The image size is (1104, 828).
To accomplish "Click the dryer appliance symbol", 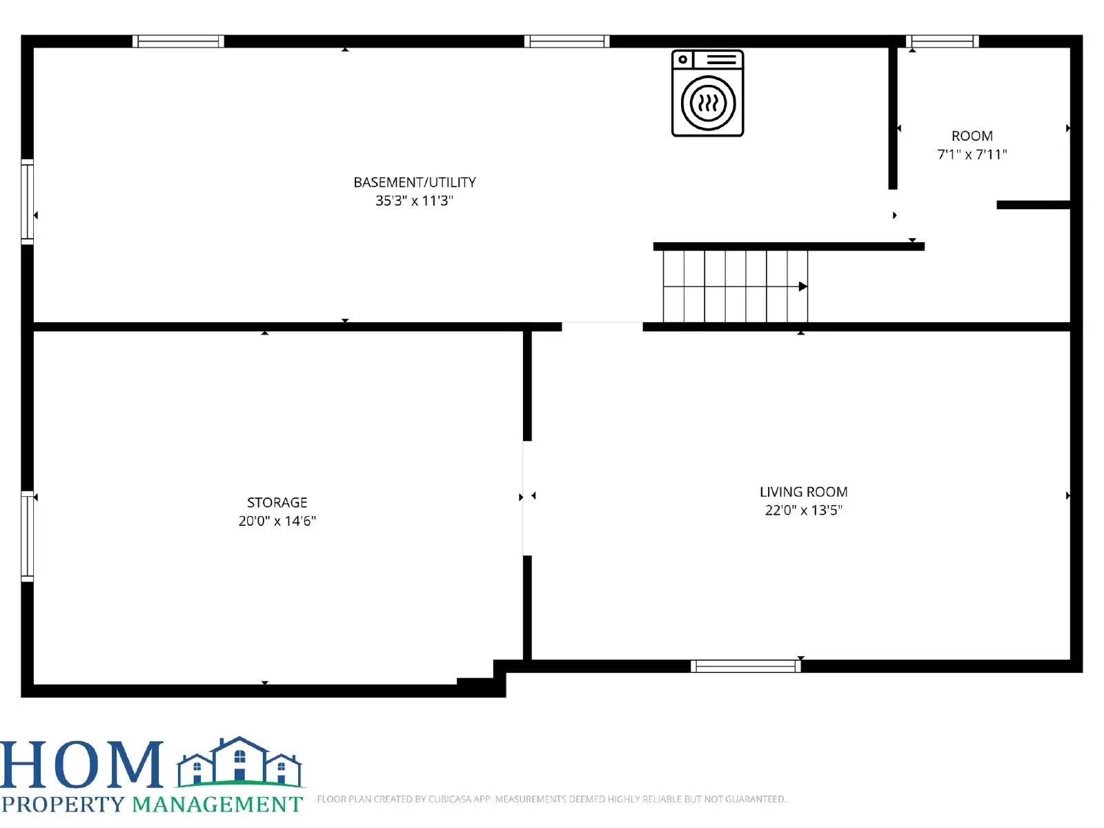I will [707, 93].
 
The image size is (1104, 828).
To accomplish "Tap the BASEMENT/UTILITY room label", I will [415, 182].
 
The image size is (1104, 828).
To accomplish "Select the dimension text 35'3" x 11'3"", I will [414, 201].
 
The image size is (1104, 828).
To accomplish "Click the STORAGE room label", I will [277, 502].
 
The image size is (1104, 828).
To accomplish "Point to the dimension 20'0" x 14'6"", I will [277, 521].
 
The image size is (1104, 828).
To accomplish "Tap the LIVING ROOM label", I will [803, 492].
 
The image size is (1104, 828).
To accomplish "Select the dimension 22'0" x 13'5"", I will [803, 511].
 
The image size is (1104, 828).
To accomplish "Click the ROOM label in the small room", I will [972, 136].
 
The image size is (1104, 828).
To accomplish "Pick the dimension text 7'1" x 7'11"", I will [972, 155].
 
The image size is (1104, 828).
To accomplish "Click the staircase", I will [735, 286].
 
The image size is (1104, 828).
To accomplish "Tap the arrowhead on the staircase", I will [803, 286].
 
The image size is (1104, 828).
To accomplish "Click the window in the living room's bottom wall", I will [745, 666].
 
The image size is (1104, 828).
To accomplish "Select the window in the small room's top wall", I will [942, 41].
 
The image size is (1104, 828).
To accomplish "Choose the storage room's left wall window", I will [28, 536].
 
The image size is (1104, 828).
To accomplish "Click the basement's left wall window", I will [28, 201].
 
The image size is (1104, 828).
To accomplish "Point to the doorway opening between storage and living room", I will [527, 497].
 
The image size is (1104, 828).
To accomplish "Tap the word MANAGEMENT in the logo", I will [217, 805].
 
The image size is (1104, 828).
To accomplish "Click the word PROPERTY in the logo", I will [63, 805].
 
